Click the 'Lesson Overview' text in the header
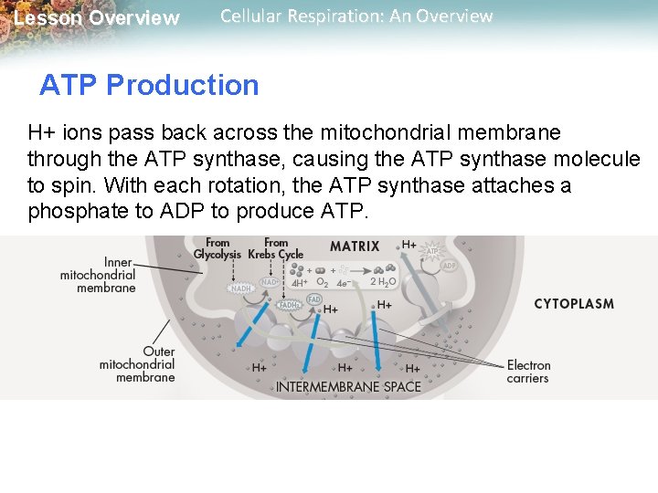click(98, 18)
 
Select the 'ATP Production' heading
click(149, 85)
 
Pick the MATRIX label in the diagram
click(356, 246)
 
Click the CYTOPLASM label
click(574, 303)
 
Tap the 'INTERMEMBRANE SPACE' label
click(349, 386)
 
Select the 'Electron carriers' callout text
click(528, 372)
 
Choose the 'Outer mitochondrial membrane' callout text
click(138, 364)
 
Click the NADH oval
click(241, 288)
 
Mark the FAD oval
click(314, 299)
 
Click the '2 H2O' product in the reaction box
click(383, 282)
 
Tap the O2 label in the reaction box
click(322, 282)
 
